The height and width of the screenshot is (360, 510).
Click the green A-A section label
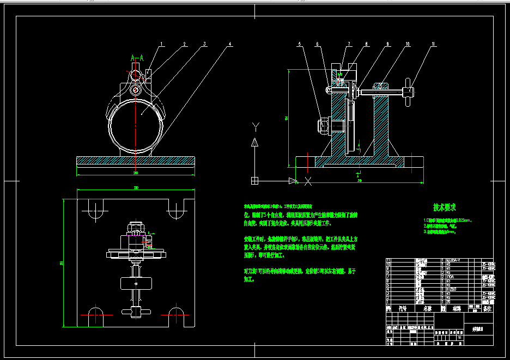click(137, 57)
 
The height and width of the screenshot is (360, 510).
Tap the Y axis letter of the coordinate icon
click(254, 127)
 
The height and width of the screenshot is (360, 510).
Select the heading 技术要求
click(445, 207)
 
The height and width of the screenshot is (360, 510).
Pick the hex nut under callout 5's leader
click(322, 126)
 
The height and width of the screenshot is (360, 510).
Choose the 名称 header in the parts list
click(428, 308)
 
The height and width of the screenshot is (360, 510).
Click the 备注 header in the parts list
click(488, 308)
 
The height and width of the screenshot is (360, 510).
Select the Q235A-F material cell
click(456, 260)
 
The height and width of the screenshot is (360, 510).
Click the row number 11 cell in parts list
click(388, 260)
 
